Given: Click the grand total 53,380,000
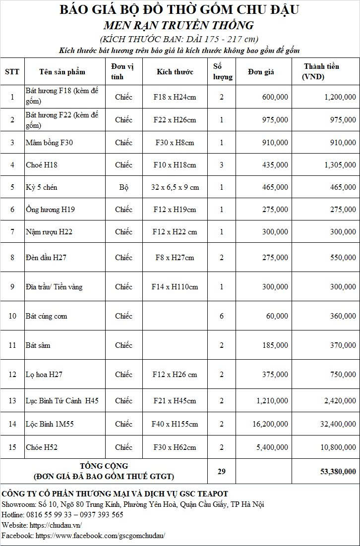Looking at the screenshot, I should tap(338, 471).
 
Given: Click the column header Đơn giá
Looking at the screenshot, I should tap(261, 72).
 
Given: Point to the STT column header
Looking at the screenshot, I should tap(12, 72).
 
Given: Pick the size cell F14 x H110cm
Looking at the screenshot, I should tap(175, 287).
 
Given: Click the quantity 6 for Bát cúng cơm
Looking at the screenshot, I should tap(222, 316).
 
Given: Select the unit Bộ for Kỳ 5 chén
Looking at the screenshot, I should tap(123, 187).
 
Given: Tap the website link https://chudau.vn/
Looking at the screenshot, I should tap(56, 525).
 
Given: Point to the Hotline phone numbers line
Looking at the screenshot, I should tap(62, 515).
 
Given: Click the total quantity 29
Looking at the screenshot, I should tap(222, 471).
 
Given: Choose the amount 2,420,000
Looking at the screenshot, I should tap(338, 401).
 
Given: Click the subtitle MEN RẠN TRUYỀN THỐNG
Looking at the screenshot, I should tap(179, 25).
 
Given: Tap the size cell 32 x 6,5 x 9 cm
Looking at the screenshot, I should tap(175, 187).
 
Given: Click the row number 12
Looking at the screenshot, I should tap(12, 375).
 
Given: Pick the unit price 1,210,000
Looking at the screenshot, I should tap(272, 401).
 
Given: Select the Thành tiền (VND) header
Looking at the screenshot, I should tap(321, 72).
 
